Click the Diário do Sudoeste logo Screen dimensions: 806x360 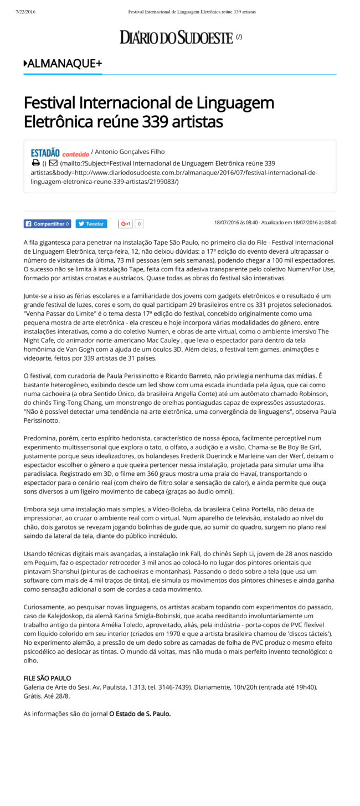point(176,37)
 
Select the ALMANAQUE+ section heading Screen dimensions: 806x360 point(64,64)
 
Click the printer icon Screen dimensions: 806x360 point(35,163)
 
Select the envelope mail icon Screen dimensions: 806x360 point(53,163)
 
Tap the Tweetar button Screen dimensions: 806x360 point(91,224)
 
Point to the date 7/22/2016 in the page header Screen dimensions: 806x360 point(25,11)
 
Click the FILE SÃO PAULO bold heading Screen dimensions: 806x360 point(47,678)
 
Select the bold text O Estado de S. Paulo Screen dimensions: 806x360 point(140,713)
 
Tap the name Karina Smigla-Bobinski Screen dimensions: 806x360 point(168,615)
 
